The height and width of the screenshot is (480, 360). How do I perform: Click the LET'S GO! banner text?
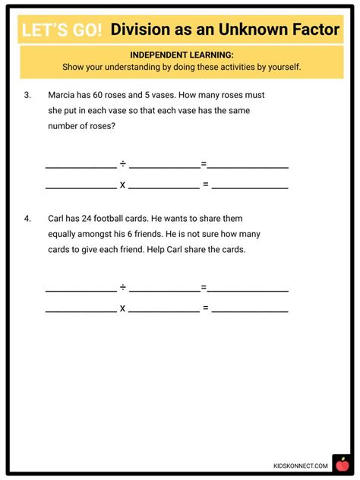62,30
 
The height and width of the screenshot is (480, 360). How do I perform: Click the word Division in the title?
144,30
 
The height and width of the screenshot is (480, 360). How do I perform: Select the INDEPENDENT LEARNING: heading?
181,55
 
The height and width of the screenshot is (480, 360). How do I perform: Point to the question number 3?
27,96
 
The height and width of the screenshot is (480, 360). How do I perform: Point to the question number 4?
27,219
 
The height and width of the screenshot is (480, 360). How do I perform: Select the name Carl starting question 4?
59,219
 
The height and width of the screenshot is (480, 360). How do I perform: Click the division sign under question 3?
122,164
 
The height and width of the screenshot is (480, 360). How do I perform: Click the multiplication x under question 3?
122,185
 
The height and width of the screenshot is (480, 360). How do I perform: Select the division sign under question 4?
122,287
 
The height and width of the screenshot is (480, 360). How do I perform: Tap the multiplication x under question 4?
122,308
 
